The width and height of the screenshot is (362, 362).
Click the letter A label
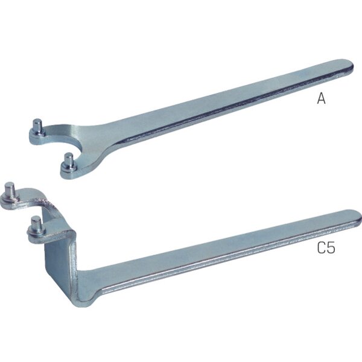coord(321,98)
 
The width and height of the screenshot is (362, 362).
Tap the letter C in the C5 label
coord(321,248)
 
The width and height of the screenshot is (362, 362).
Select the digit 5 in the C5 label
coord(331,248)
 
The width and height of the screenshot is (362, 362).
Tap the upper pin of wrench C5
coord(10,191)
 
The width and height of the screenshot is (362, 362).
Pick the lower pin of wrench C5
coord(36,224)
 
